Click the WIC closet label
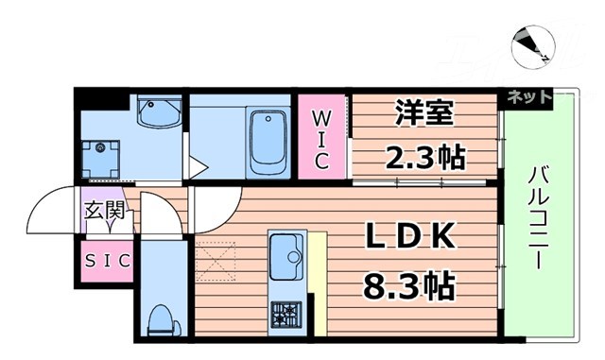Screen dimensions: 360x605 pyautogui.click(x=321, y=140)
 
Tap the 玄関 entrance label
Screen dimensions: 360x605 pyautogui.click(x=103, y=211)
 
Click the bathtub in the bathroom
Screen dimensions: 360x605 pyautogui.click(x=268, y=142)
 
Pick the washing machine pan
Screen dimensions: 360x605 pyautogui.click(x=99, y=158)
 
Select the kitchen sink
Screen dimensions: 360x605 pyautogui.click(x=285, y=252)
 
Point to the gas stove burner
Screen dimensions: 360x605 pyautogui.click(x=285, y=311)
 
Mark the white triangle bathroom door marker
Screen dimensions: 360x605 pyautogui.click(x=198, y=168)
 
